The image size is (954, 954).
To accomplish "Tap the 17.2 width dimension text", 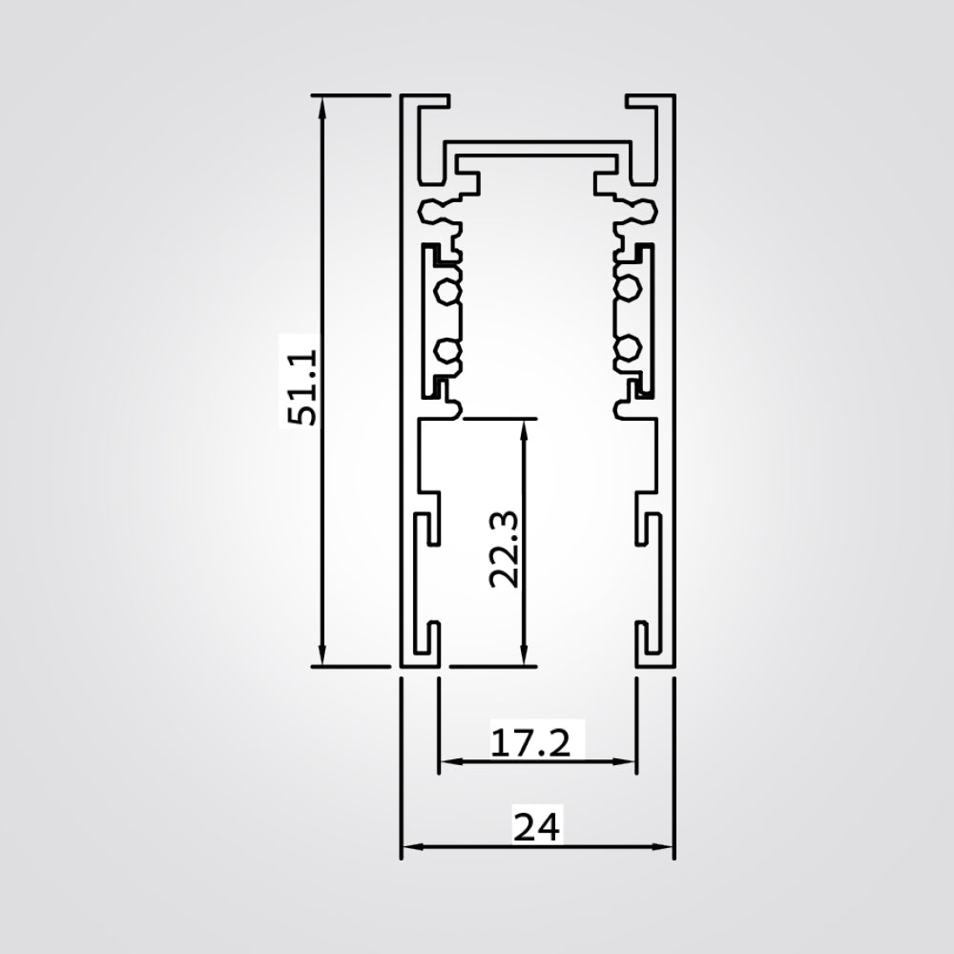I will click(530, 741).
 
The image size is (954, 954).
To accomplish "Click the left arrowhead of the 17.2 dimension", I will click(446, 761).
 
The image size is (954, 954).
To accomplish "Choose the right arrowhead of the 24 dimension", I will click(667, 846).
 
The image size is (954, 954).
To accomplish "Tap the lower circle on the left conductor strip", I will click(444, 352).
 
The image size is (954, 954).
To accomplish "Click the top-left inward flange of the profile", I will click(429, 100).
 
